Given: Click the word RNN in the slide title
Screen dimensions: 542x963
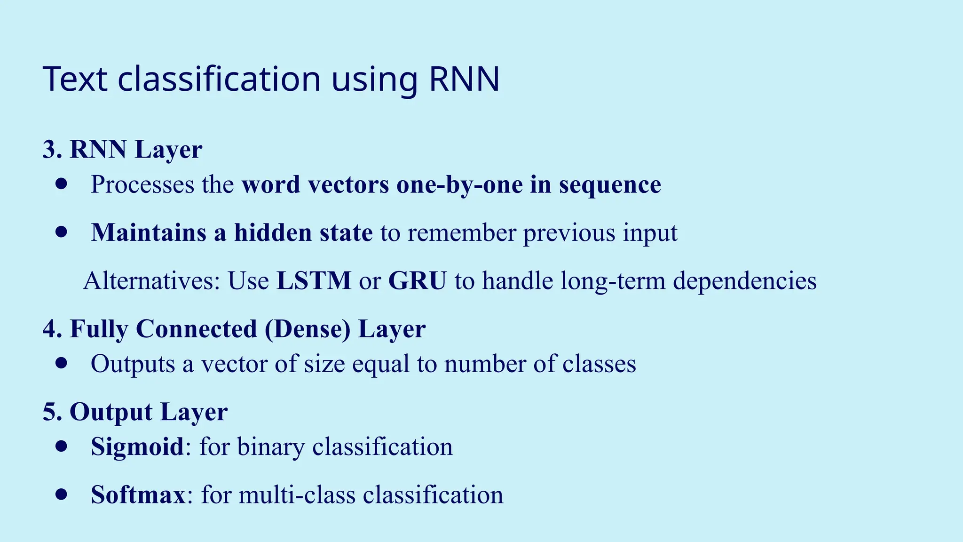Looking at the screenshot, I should pos(464,79).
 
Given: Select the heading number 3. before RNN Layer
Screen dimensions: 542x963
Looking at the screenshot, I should pos(52,150).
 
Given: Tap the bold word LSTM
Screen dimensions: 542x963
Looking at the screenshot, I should pos(314,281).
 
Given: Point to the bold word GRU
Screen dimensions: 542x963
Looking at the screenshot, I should pos(417,281).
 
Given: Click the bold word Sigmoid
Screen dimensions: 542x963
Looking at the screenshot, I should pos(137,446).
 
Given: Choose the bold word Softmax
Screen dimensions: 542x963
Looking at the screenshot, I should pos(138,495).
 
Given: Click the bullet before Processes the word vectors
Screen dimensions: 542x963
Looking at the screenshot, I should pos(61,183).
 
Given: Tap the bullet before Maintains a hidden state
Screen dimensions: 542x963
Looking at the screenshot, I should pos(61,232).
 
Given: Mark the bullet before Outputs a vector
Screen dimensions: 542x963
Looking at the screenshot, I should pos(61,363).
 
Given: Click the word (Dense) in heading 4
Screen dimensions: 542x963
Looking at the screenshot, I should pos(308,329).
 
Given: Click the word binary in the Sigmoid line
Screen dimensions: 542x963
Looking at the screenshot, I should pos(271,447).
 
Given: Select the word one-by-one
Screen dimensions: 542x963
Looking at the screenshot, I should pos(459,184).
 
